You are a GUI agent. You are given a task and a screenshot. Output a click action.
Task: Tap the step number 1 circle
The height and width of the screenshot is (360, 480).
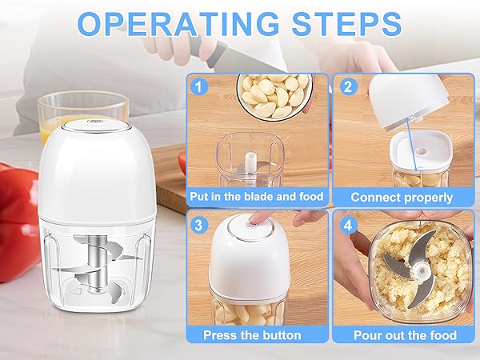[x=198, y=86]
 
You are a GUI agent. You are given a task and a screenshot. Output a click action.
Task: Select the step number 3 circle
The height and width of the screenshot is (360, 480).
[x=198, y=223]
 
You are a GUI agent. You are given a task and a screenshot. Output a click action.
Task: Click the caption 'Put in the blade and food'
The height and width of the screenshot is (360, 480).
[x=257, y=196]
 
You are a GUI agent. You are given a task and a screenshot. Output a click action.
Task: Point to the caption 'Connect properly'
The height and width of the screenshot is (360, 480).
[x=402, y=196]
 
